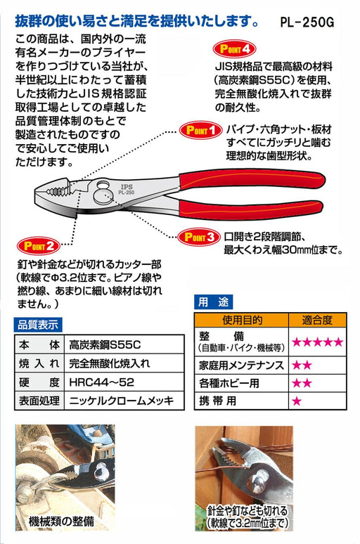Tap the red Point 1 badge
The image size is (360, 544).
click(x=200, y=130)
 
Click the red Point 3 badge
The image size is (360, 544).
click(x=199, y=237)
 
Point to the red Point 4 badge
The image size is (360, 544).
click(x=235, y=49)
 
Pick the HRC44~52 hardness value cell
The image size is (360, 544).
click(x=103, y=384)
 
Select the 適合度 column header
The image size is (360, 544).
click(x=317, y=320)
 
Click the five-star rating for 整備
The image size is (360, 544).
click(x=317, y=342)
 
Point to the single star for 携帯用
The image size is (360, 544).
click(x=297, y=402)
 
